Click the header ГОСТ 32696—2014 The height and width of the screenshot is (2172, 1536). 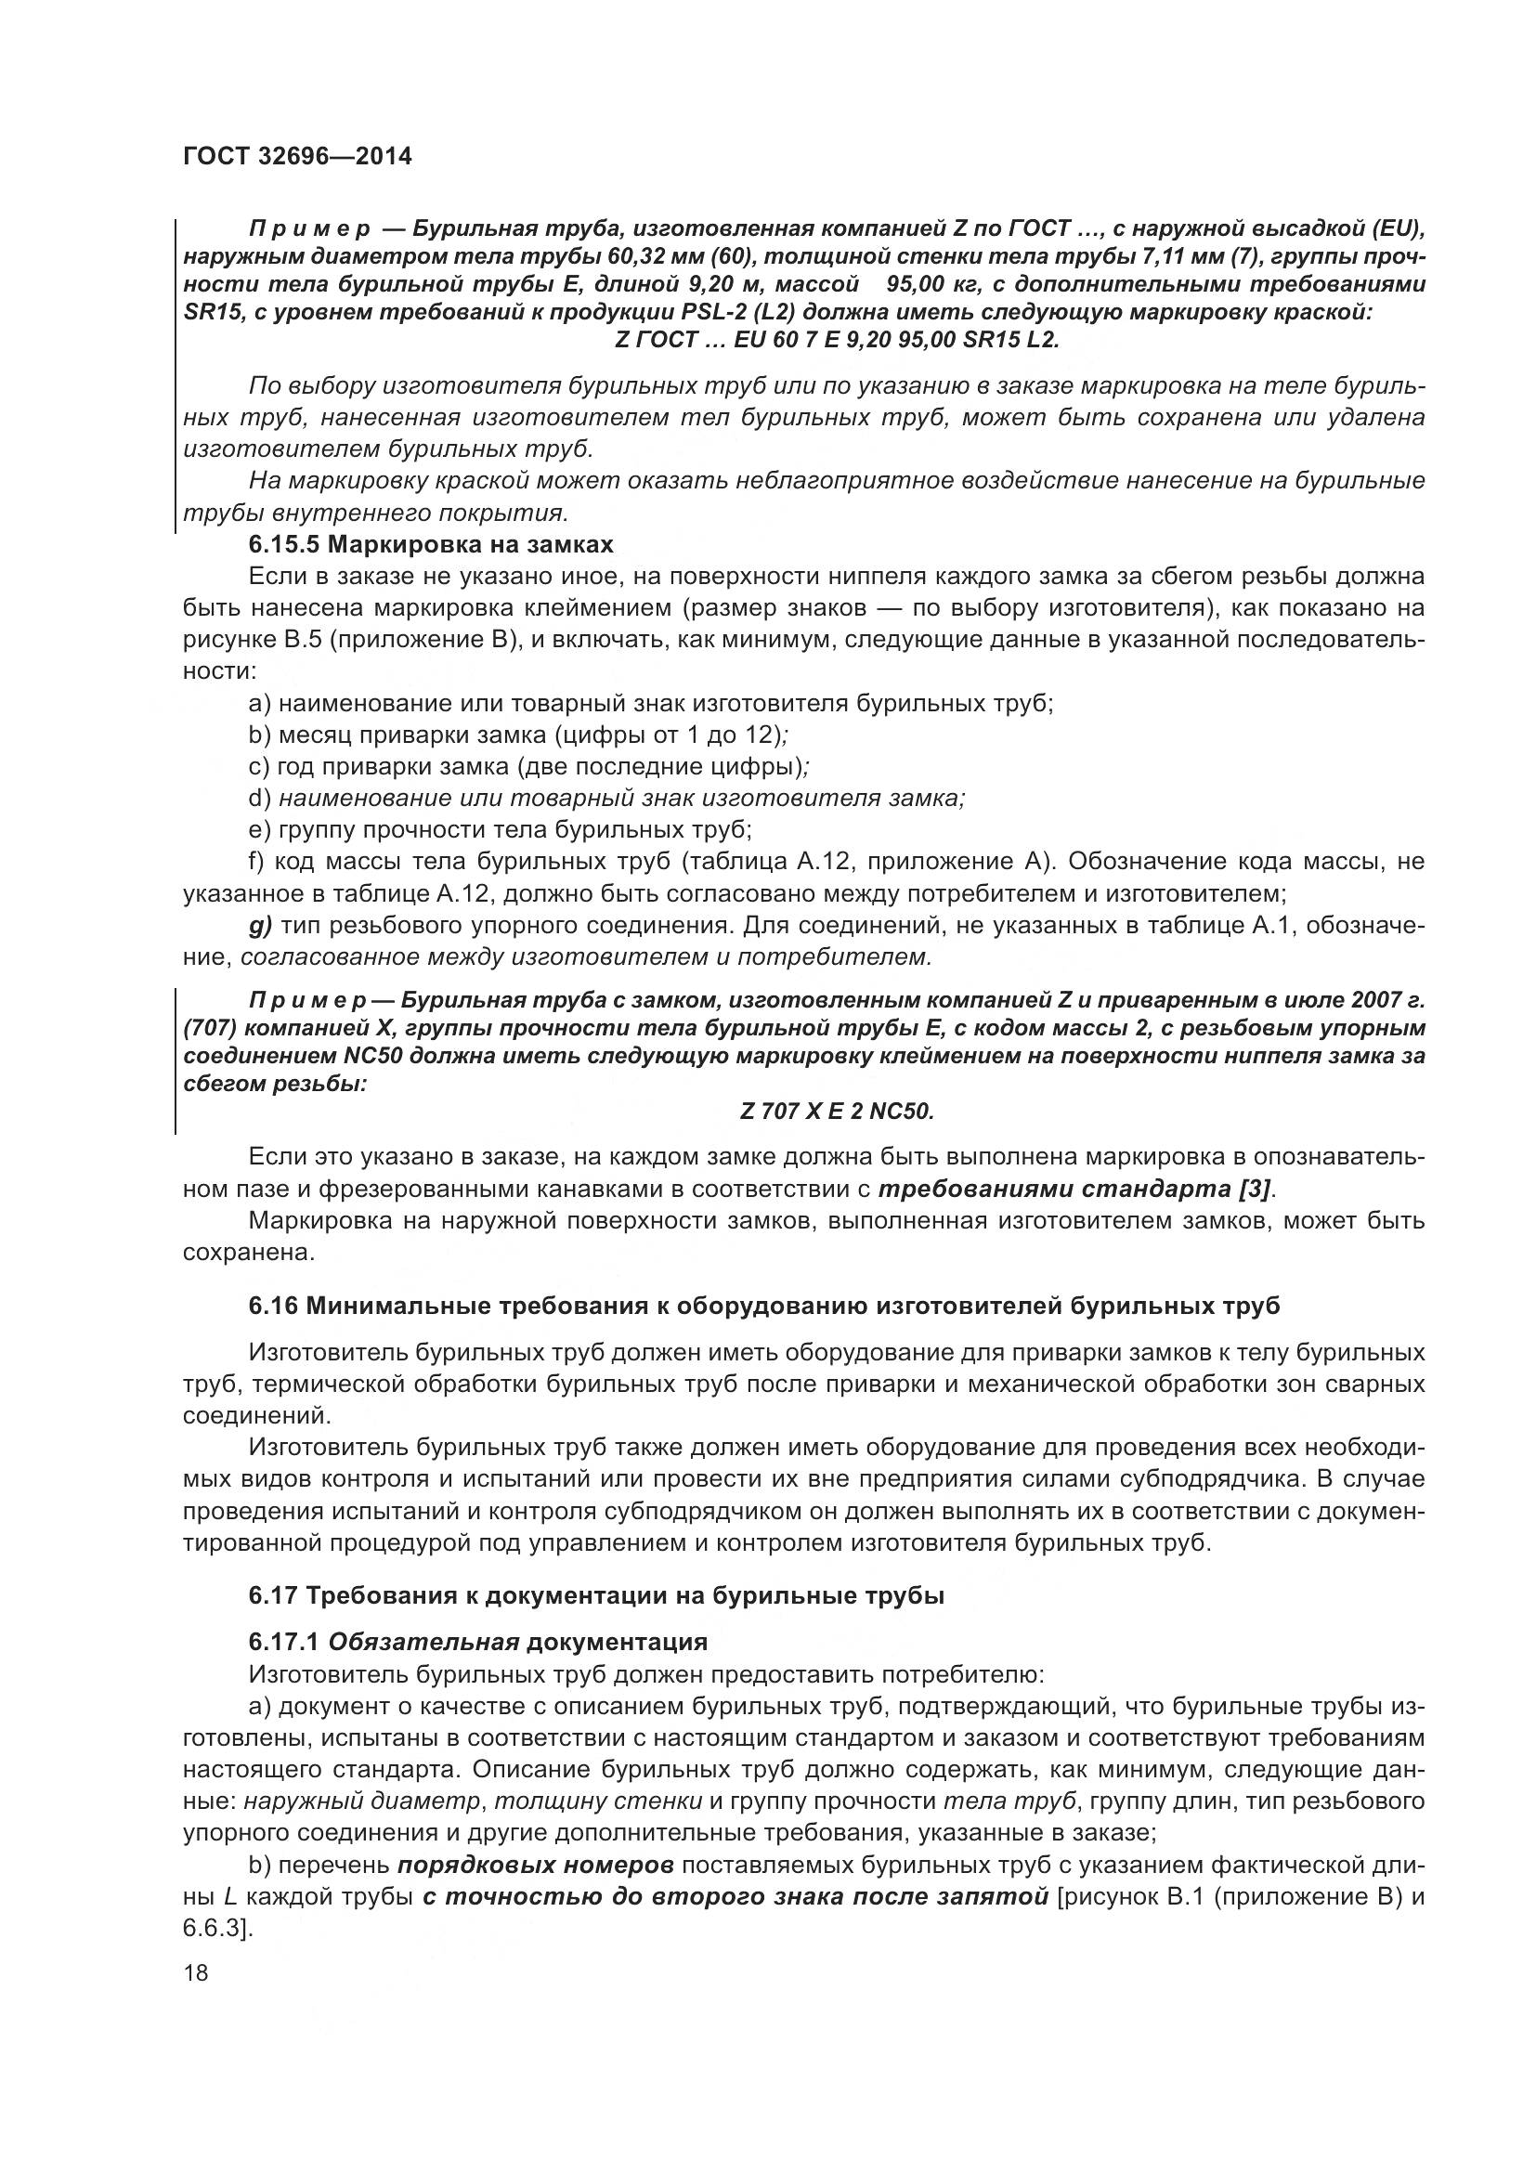[x=297, y=157]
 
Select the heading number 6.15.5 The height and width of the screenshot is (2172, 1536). [x=288, y=545]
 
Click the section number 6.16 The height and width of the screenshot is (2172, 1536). [x=273, y=1307]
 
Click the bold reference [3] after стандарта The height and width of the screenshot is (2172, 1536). [x=1256, y=1189]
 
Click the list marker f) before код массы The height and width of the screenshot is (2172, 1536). [x=256, y=862]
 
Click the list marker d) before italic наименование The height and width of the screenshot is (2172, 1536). [x=260, y=799]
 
